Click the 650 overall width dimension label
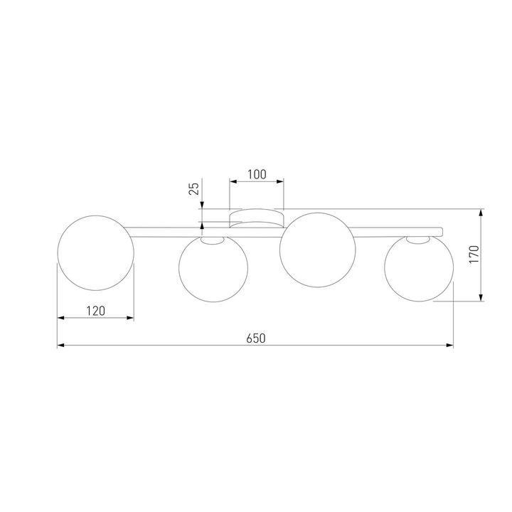(x=256, y=338)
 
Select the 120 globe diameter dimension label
(x=95, y=310)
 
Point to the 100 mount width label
(x=256, y=174)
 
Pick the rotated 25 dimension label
(x=193, y=188)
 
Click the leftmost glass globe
(x=95, y=254)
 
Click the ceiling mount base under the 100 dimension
(x=256, y=217)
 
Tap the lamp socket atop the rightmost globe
(x=418, y=240)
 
